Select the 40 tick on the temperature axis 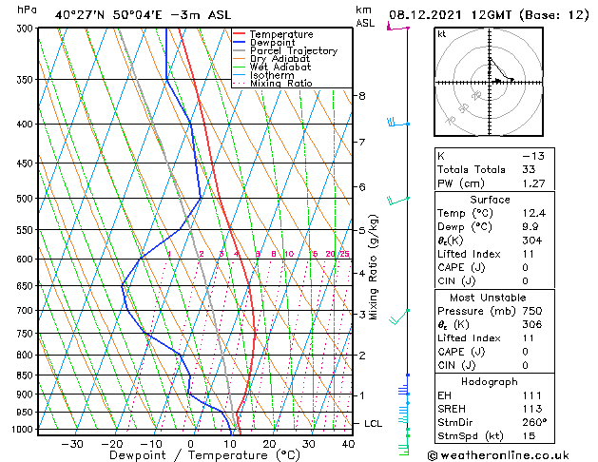click(348, 443)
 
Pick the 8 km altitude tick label click(361, 96)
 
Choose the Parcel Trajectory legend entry click(293, 51)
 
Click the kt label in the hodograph click(441, 33)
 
